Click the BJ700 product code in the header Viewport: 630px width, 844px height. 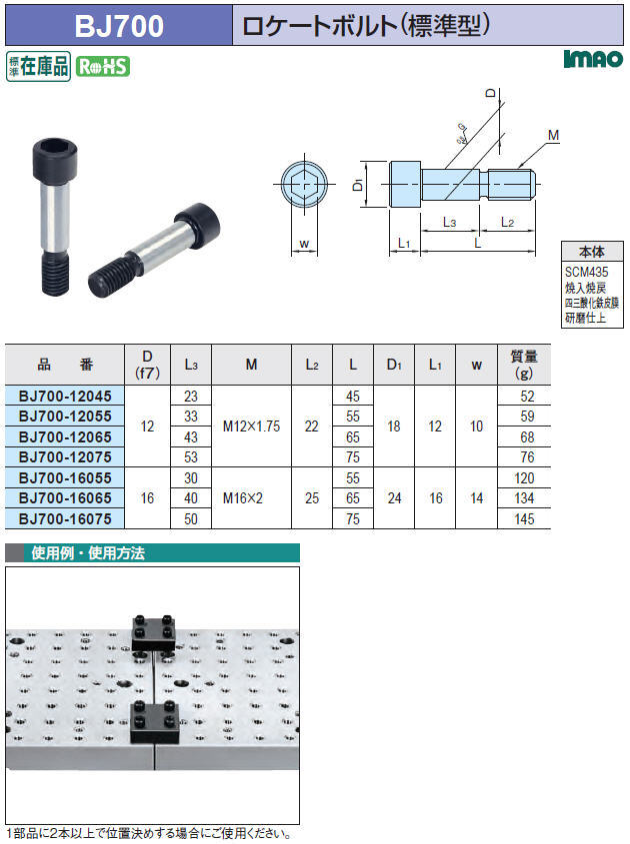(x=119, y=25)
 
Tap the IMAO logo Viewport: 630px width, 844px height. (x=593, y=59)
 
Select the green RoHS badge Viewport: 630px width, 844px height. (x=102, y=67)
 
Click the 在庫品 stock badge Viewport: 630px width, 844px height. (x=38, y=66)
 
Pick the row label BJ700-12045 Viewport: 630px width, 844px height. (x=65, y=396)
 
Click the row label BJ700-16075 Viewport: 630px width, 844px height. (x=65, y=519)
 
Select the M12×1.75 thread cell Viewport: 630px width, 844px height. (x=252, y=426)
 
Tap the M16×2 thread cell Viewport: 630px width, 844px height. (x=243, y=497)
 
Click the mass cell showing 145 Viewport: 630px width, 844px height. (x=524, y=519)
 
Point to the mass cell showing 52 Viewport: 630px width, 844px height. (x=527, y=397)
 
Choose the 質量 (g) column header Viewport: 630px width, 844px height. (x=524, y=365)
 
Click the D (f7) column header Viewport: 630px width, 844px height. (x=147, y=365)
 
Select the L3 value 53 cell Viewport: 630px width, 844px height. (x=191, y=457)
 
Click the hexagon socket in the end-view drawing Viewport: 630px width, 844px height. (x=304, y=184)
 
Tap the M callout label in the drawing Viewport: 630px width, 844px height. (x=553, y=136)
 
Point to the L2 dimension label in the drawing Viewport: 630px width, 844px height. (x=507, y=222)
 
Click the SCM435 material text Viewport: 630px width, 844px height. (x=586, y=272)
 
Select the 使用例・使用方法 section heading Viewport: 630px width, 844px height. (x=88, y=552)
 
